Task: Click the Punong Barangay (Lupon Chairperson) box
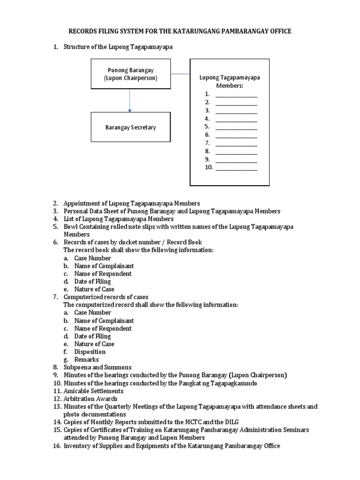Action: tap(130, 74)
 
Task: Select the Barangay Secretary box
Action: tap(130, 127)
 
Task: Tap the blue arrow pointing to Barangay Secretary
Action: tap(130, 100)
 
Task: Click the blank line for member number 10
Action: tap(236, 167)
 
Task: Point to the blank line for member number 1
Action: tap(236, 94)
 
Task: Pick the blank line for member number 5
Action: tap(236, 127)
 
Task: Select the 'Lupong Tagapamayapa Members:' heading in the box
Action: tap(230, 82)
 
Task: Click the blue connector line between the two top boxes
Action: tap(180, 74)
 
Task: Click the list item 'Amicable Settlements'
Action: tap(94, 391)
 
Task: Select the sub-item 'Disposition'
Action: tap(90, 352)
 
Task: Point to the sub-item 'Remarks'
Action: tap(86, 360)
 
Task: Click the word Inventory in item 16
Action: tap(76, 446)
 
